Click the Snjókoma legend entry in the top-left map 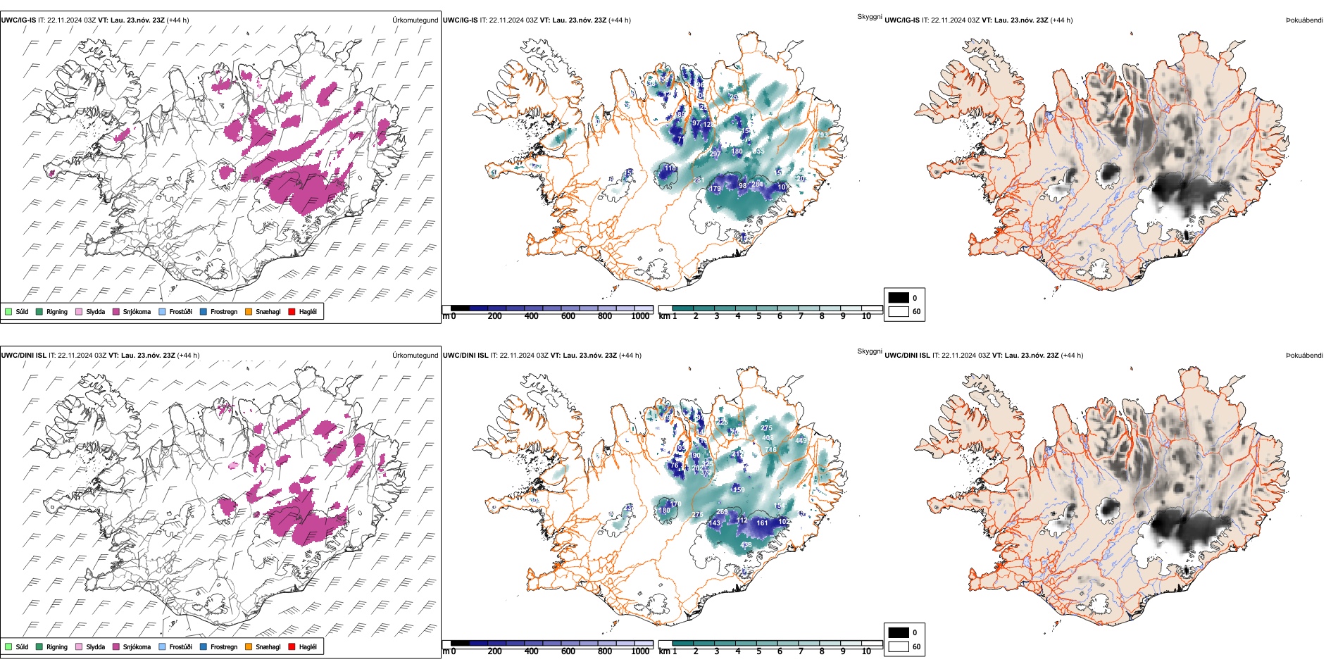coord(137,311)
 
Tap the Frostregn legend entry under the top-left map coord(223,311)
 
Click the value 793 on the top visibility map coord(822,135)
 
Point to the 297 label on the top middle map coord(715,154)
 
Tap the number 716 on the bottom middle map coord(770,449)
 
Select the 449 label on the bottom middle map coord(801,441)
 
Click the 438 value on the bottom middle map coord(746,545)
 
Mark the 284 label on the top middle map coord(757,185)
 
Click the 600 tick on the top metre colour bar coord(568,317)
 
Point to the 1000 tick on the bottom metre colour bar coord(640,651)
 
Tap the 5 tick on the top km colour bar coord(758,317)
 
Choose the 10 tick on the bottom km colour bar coord(866,651)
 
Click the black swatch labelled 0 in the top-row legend coord(899,298)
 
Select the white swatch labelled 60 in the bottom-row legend coord(899,646)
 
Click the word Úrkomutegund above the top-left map coord(415,20)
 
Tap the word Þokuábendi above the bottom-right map coord(1304,356)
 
